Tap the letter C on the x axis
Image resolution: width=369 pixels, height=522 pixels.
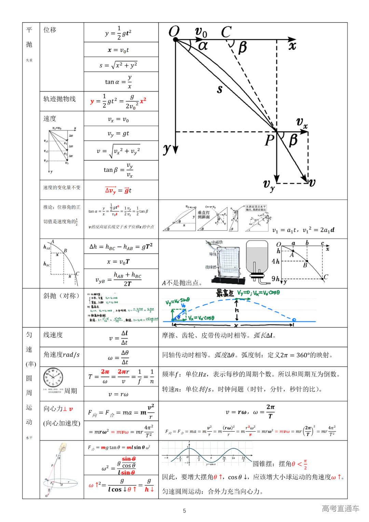pos(226,32)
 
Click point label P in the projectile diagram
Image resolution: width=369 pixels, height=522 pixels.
pos(270,140)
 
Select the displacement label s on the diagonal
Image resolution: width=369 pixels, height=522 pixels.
pos(220,89)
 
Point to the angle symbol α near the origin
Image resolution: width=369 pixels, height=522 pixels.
pos(203,45)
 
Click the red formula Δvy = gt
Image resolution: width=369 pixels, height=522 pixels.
pos(118,190)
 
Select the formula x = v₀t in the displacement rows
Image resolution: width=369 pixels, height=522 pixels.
pos(119,50)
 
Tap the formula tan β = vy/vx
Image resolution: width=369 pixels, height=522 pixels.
pos(118,170)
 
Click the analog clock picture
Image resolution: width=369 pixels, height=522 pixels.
pos(53,378)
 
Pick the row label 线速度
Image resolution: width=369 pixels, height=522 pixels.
pos(53,335)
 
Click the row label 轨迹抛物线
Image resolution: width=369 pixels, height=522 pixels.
pos(59,99)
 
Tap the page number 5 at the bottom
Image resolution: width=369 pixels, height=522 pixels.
pos(184,511)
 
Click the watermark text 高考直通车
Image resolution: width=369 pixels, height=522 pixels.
pos(340,508)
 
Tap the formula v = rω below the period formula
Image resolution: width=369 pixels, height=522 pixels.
pos(118,394)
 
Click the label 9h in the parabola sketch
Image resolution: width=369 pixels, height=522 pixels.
pos(275,279)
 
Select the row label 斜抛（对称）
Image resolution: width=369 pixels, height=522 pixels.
pos(61,296)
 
